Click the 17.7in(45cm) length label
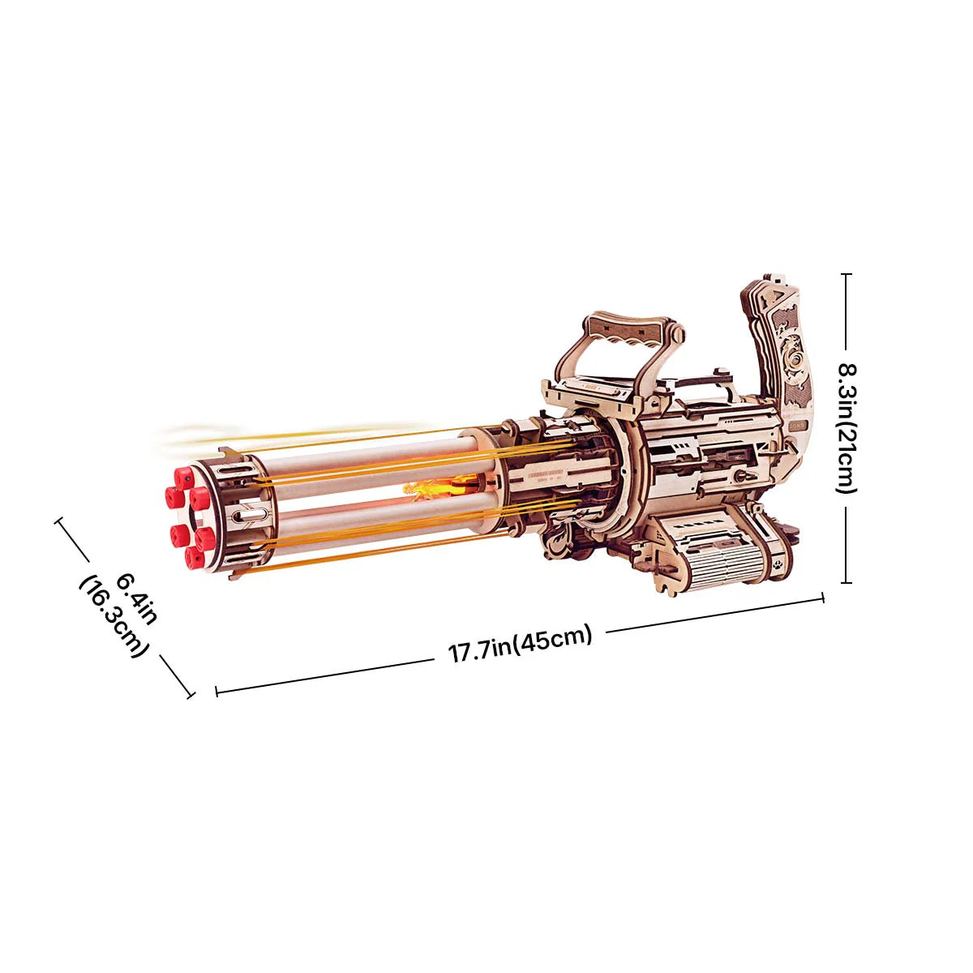tap(521, 646)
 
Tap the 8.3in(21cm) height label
tap(846, 427)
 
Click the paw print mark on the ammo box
tap(778, 560)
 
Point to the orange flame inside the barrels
tap(426, 488)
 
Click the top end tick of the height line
tap(847, 275)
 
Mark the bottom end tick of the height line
tap(847, 581)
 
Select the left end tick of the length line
tap(216, 691)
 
